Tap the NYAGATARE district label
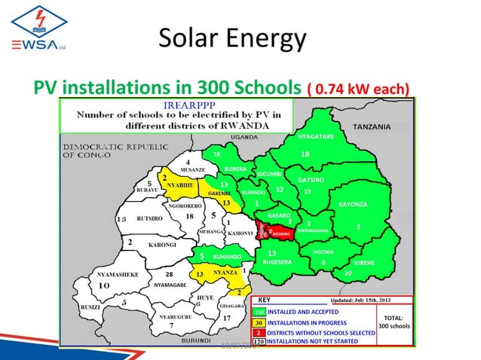pyautogui.click(x=316, y=136)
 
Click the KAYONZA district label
pyautogui.click(x=353, y=205)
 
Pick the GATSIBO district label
pyautogui.click(x=311, y=181)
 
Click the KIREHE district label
pyautogui.click(x=365, y=262)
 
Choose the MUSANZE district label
pyautogui.click(x=184, y=170)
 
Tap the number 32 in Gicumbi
pyautogui.click(x=280, y=190)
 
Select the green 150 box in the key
pyautogui.click(x=258, y=311)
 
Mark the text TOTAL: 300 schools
pyautogui.click(x=394, y=322)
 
